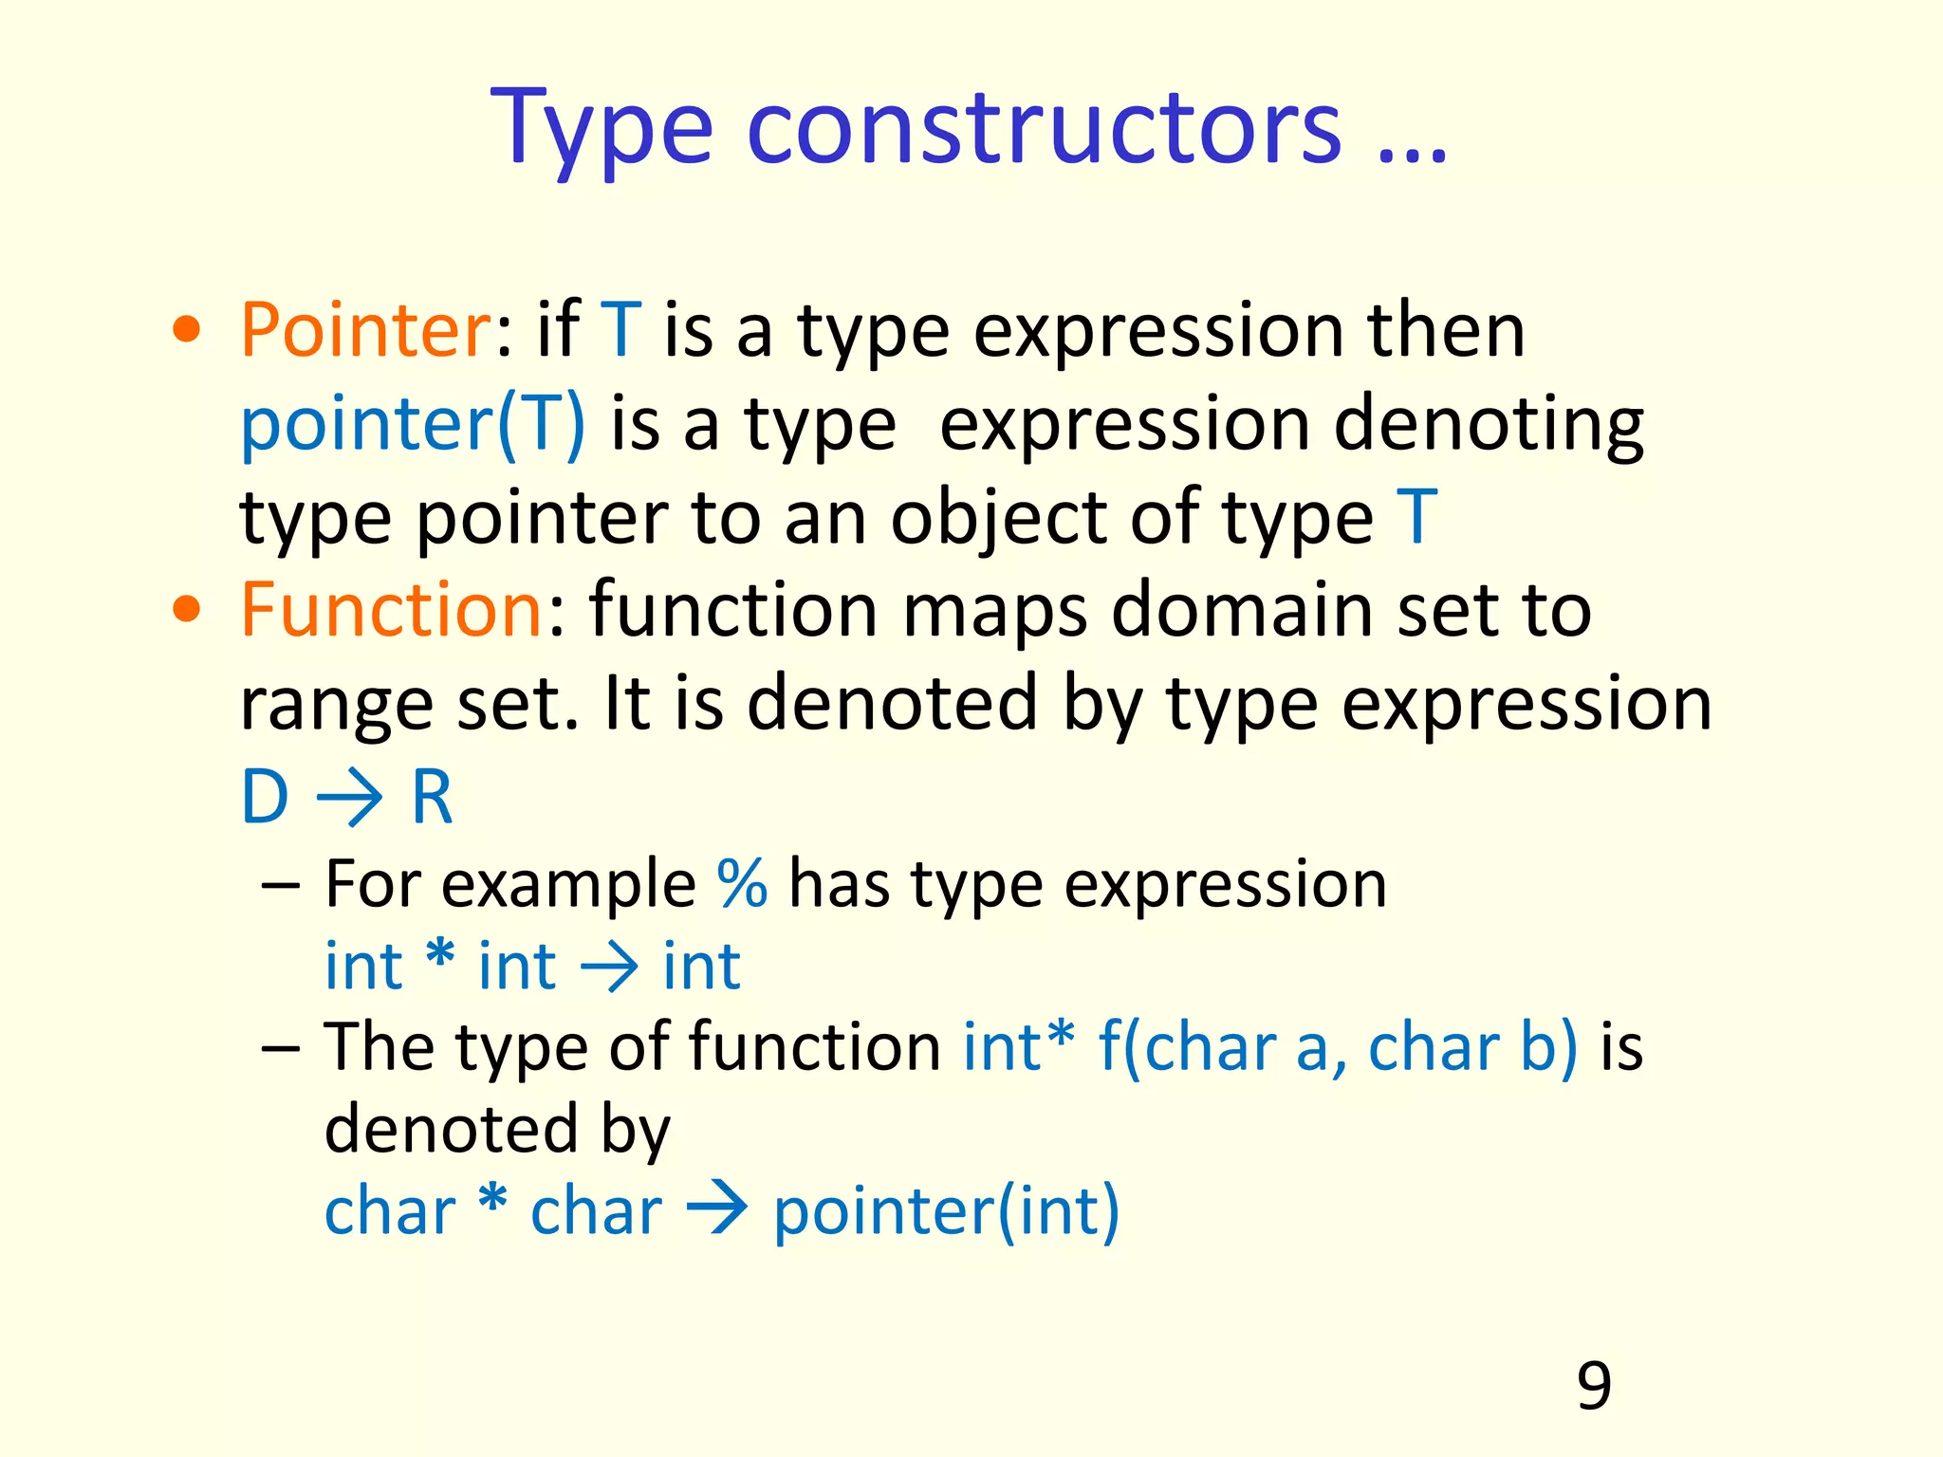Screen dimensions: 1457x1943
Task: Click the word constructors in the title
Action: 1044,128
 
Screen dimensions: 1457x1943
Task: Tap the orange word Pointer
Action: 364,329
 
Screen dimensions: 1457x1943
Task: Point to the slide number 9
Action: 1594,1386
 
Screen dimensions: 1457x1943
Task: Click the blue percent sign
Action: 742,884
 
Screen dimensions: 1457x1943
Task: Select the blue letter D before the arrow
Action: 265,797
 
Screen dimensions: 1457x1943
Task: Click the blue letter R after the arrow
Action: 432,797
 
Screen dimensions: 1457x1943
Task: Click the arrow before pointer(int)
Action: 717,1211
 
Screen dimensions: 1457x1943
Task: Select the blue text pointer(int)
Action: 946,1211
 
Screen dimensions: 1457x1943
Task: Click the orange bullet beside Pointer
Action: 187,329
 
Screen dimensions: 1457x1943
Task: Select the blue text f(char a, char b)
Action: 1338,1047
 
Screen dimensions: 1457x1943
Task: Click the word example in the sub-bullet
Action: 569,884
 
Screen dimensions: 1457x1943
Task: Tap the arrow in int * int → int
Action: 609,968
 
